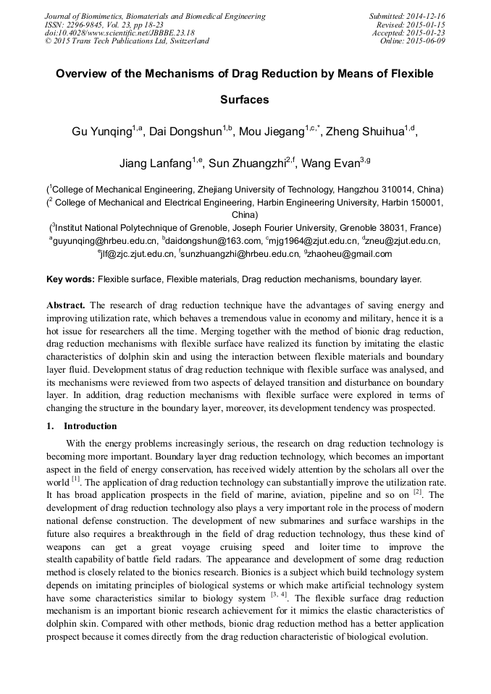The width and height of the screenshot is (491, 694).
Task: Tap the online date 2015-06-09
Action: [x=425, y=41]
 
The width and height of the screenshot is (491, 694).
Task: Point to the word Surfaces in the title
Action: [x=244, y=100]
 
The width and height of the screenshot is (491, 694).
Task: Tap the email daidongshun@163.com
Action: [x=214, y=241]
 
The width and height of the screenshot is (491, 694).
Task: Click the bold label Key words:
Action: [x=70, y=279]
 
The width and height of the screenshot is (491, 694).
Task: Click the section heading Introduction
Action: [x=90, y=426]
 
